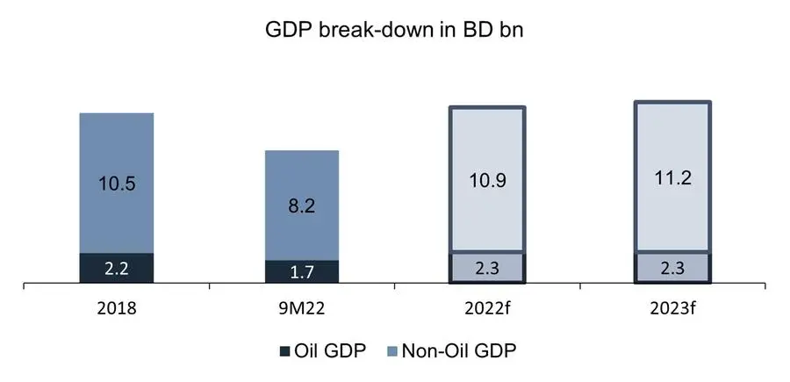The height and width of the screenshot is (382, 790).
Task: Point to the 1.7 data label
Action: tap(302, 272)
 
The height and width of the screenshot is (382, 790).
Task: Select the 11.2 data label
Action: tap(673, 178)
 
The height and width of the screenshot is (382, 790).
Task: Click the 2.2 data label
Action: tap(116, 268)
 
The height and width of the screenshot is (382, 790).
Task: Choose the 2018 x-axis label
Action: tap(116, 309)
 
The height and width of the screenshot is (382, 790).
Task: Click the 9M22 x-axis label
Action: tap(302, 309)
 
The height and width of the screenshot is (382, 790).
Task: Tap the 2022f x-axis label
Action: tap(488, 309)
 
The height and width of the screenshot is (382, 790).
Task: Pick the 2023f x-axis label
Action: tap(673, 309)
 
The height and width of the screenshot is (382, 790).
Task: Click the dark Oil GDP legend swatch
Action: tap(284, 352)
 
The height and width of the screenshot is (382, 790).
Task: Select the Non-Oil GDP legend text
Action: tap(459, 351)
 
